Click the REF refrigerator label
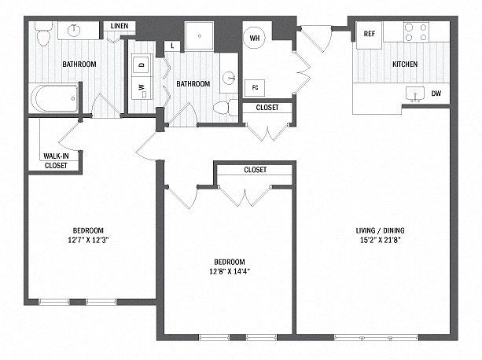369,34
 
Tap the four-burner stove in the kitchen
416,32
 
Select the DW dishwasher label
436,93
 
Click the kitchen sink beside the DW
415,94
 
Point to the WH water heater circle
255,38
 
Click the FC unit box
255,88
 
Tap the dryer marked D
142,64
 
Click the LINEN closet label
120,26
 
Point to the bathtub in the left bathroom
55,98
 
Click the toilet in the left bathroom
43,34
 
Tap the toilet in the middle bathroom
226,108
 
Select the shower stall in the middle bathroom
199,35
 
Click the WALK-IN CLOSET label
56,160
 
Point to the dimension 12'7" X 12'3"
88,240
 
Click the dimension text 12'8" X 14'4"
230,271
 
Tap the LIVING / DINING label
380,230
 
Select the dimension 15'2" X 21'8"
381,240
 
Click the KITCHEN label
405,64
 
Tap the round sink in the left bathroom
74,30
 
